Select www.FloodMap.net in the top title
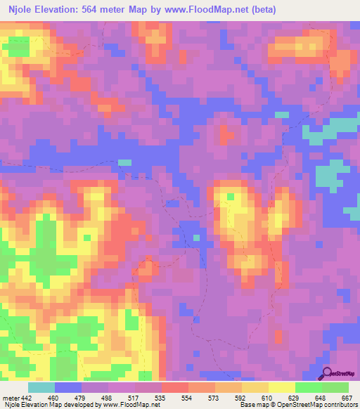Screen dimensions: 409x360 203,9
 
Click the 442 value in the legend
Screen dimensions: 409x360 27,397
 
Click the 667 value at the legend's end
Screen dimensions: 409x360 345,397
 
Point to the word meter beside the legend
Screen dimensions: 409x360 10,397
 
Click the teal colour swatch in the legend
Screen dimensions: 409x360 41,387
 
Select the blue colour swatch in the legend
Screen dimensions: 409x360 67,387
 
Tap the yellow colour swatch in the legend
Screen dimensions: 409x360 281,387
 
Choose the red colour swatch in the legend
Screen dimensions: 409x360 174,387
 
